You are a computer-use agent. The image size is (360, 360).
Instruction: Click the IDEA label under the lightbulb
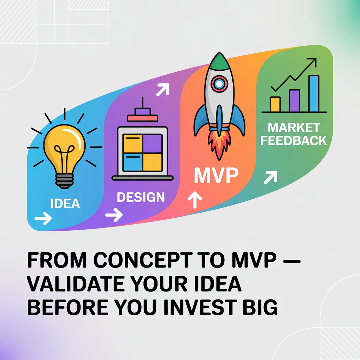coord(65,203)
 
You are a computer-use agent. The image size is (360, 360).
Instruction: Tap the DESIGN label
coord(141,197)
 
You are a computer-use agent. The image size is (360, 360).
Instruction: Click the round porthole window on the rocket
coord(219,83)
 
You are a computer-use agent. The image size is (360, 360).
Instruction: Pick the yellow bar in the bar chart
coord(275,104)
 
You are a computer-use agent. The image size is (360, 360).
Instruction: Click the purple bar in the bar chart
coord(294,101)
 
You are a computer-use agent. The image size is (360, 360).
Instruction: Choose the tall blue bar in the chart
coord(314,93)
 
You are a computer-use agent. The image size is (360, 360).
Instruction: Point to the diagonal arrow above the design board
coord(162,90)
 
